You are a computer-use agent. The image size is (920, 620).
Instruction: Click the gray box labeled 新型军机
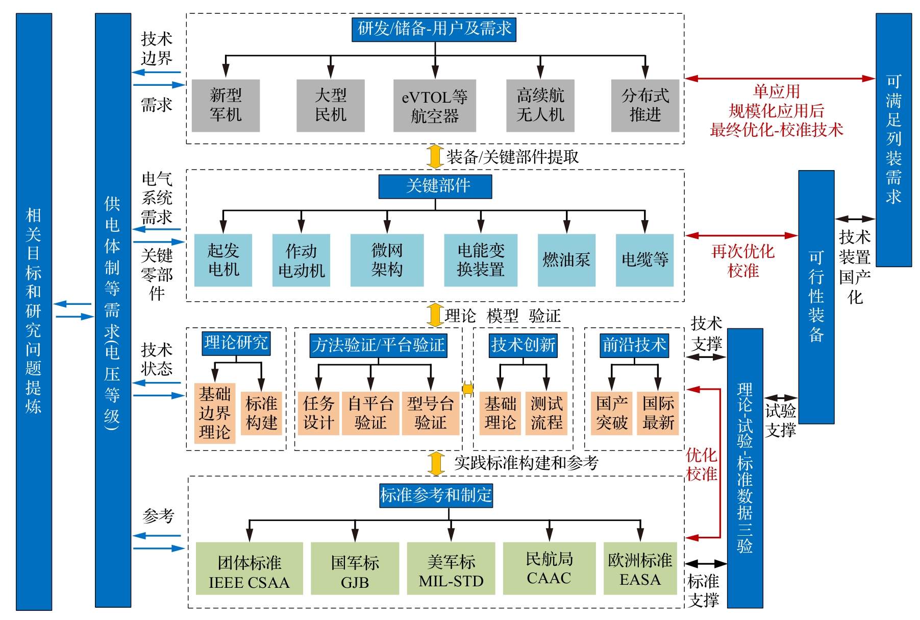(226, 105)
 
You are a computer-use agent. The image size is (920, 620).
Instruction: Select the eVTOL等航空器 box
(434, 106)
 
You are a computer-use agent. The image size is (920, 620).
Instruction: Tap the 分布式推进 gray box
(645, 105)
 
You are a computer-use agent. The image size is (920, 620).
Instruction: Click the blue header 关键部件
(435, 186)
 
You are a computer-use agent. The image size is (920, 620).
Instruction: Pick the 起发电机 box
(223, 260)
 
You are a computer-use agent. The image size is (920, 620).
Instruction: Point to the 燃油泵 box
(566, 260)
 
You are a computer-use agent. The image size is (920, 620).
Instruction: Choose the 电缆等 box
(644, 260)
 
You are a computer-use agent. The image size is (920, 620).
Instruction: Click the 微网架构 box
(387, 260)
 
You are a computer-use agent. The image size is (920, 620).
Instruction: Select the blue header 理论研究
(236, 343)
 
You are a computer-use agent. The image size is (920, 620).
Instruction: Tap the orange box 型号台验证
(430, 413)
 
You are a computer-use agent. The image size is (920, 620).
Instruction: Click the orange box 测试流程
(546, 413)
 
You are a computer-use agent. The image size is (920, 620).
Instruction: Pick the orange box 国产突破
(611, 413)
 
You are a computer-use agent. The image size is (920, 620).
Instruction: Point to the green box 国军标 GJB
(355, 568)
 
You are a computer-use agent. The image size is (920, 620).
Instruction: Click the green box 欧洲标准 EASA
(640, 568)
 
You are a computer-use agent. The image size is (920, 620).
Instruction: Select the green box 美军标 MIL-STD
(451, 568)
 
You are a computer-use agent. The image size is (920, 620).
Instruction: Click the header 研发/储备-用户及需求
(434, 29)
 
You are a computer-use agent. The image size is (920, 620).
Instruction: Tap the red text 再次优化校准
(743, 261)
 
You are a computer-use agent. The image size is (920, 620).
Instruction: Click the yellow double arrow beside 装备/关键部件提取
(435, 156)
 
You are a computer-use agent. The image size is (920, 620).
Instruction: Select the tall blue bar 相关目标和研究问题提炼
(34, 312)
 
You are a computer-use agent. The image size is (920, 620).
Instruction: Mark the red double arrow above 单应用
(780, 79)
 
